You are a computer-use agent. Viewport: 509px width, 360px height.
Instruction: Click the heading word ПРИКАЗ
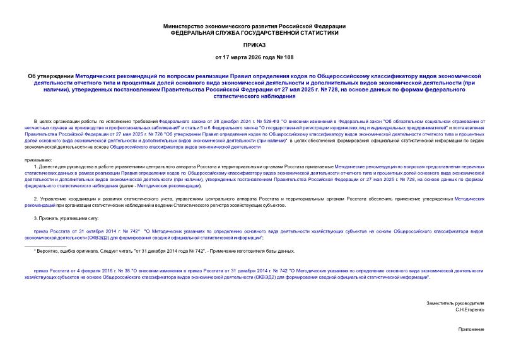coord(254,45)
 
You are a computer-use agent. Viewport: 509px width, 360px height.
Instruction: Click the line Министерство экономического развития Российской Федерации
coord(254,26)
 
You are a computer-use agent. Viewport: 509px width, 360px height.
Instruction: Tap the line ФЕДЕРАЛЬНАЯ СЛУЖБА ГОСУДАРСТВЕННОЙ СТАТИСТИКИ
coord(254,32)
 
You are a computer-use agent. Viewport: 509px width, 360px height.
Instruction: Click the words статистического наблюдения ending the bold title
coord(255,97)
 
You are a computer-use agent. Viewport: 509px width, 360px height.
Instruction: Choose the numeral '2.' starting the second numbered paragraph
coord(36,199)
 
